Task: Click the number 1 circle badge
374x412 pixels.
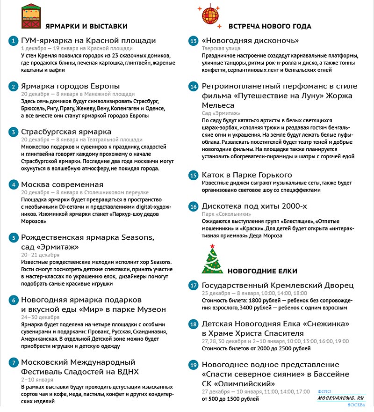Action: pyautogui.click(x=13, y=41)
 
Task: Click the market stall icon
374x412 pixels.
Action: pyautogui.click(x=31, y=17)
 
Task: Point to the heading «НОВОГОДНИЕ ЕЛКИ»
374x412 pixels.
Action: pyautogui.click(x=262, y=271)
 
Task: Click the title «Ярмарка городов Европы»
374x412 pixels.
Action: pyautogui.click(x=71, y=86)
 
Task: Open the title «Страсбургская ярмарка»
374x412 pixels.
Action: pyautogui.click(x=66, y=132)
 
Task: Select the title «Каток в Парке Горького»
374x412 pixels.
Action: pyautogui.click(x=247, y=175)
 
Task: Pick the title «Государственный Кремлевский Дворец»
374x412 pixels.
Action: pyautogui.click(x=277, y=285)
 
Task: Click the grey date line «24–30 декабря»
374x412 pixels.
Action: pyautogui.click(x=40, y=317)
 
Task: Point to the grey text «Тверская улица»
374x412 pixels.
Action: pyautogui.click(x=221, y=48)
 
